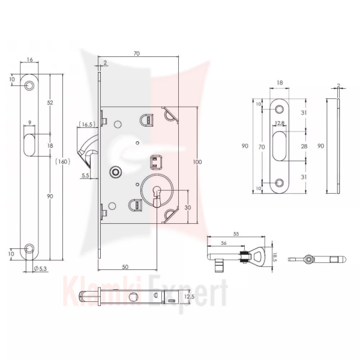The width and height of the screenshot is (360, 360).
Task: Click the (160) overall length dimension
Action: pos(62,161)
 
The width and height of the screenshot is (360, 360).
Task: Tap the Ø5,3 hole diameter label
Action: pos(40,268)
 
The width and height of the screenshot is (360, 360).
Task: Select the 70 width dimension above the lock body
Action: pos(137,53)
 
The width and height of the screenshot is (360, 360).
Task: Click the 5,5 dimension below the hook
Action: pos(85,175)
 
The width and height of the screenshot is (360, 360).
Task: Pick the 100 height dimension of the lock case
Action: pos(197,162)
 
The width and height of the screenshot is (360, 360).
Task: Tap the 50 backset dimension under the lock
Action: pos(125,267)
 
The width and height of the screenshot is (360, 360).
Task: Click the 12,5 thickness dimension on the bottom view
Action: pos(190,296)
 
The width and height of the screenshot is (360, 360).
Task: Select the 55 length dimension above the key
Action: pos(236,234)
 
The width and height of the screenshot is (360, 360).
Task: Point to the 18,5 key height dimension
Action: pos(275,257)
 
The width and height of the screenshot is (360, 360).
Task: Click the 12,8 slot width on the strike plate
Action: pos(280,123)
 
